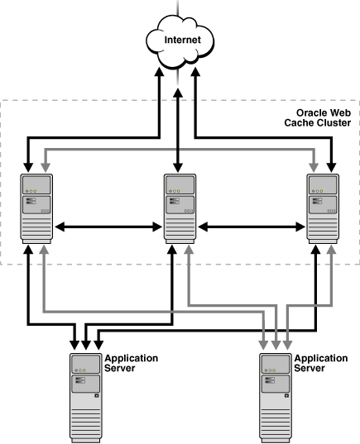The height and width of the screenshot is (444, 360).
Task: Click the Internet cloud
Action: pyautogui.click(x=178, y=40)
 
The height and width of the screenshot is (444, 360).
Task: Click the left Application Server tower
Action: pyautogui.click(x=84, y=397)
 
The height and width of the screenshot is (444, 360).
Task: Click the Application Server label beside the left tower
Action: pyautogui.click(x=125, y=364)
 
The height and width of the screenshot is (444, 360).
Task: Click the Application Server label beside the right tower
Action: pyautogui.click(x=315, y=364)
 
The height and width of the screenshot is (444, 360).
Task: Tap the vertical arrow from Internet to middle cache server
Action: pyautogui.click(x=179, y=124)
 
